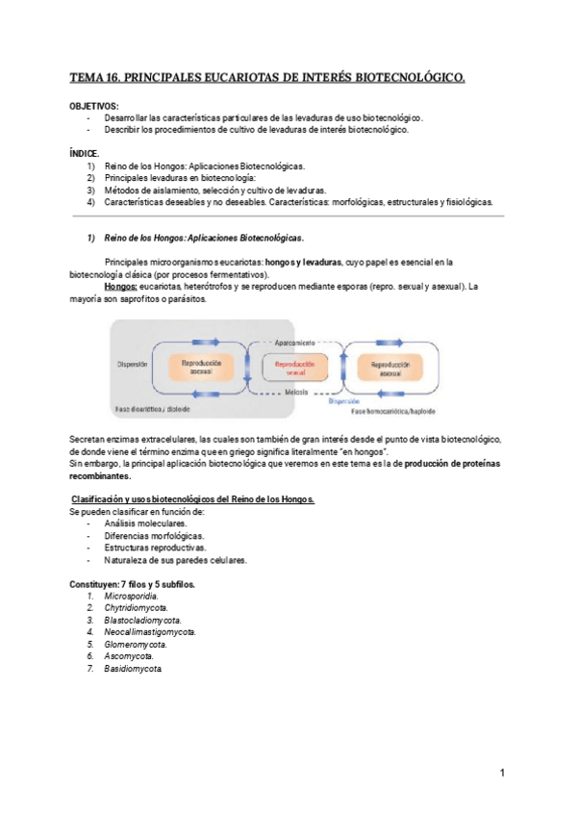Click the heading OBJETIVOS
click(x=94, y=105)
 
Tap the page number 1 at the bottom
click(x=502, y=773)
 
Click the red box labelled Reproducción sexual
click(x=295, y=368)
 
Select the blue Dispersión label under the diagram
click(x=343, y=400)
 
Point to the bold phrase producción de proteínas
click(x=463, y=464)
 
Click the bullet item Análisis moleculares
click(x=146, y=523)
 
